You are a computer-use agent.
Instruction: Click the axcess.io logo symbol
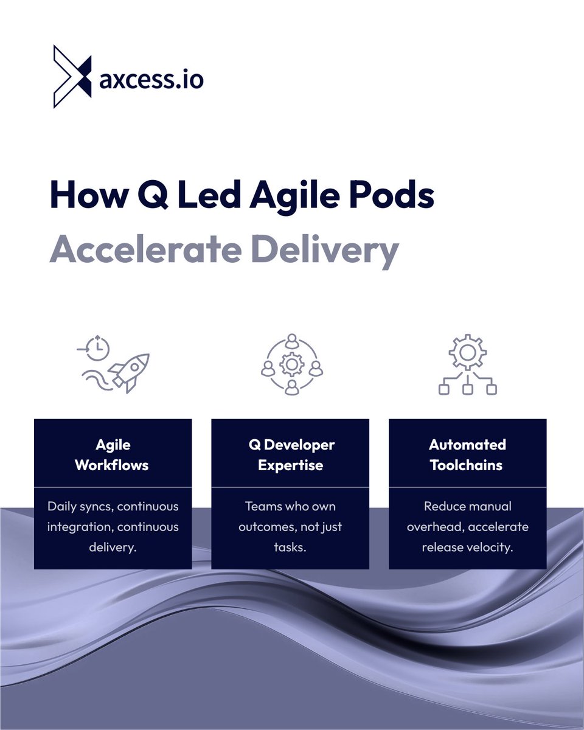[72, 77]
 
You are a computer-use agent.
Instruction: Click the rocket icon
[130, 371]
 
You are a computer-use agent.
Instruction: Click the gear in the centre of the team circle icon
[291, 364]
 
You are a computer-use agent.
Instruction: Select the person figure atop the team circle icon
[291, 340]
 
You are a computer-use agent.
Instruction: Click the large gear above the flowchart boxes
[467, 352]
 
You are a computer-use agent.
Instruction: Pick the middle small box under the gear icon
[467, 389]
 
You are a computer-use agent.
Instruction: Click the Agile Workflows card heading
[112, 454]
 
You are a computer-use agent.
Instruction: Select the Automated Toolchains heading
[467, 454]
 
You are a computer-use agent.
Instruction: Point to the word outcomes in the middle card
[264, 526]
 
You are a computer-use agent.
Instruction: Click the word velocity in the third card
[491, 546]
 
